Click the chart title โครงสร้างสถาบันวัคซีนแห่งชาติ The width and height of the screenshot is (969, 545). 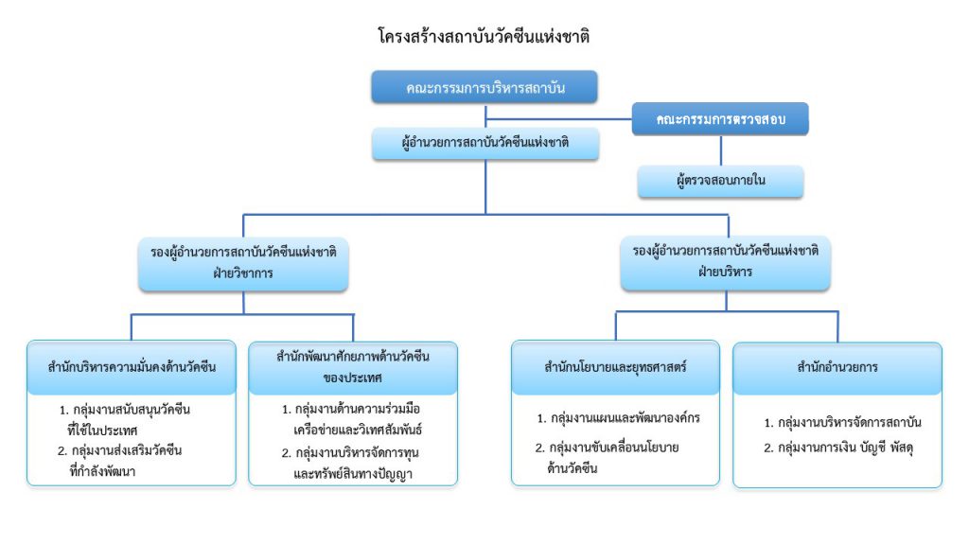coord(484,36)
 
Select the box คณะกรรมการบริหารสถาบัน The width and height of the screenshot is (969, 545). coord(484,87)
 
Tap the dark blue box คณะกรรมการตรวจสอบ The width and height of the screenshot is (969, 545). coord(720,119)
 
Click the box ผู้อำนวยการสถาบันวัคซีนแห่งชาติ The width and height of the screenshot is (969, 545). coord(485,144)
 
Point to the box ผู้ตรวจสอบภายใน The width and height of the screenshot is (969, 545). coord(720,181)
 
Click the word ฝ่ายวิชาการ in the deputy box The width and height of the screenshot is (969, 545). coord(243,273)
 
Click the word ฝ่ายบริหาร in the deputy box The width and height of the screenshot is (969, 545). coord(726,272)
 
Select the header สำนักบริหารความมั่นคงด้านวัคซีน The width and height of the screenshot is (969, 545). coord(132,367)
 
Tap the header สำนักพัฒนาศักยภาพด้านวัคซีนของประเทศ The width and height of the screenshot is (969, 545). coord(353,367)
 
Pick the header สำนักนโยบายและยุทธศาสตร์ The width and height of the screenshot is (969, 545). coord(615,367)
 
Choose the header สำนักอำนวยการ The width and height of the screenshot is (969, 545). coord(837,368)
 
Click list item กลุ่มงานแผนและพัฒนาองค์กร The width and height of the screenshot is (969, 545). coord(619,418)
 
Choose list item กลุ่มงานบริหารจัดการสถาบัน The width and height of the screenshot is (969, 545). coord(842,423)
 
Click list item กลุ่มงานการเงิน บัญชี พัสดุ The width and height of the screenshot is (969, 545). coord(838,448)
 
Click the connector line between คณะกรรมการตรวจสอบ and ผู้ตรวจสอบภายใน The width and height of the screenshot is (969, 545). coord(720,150)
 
